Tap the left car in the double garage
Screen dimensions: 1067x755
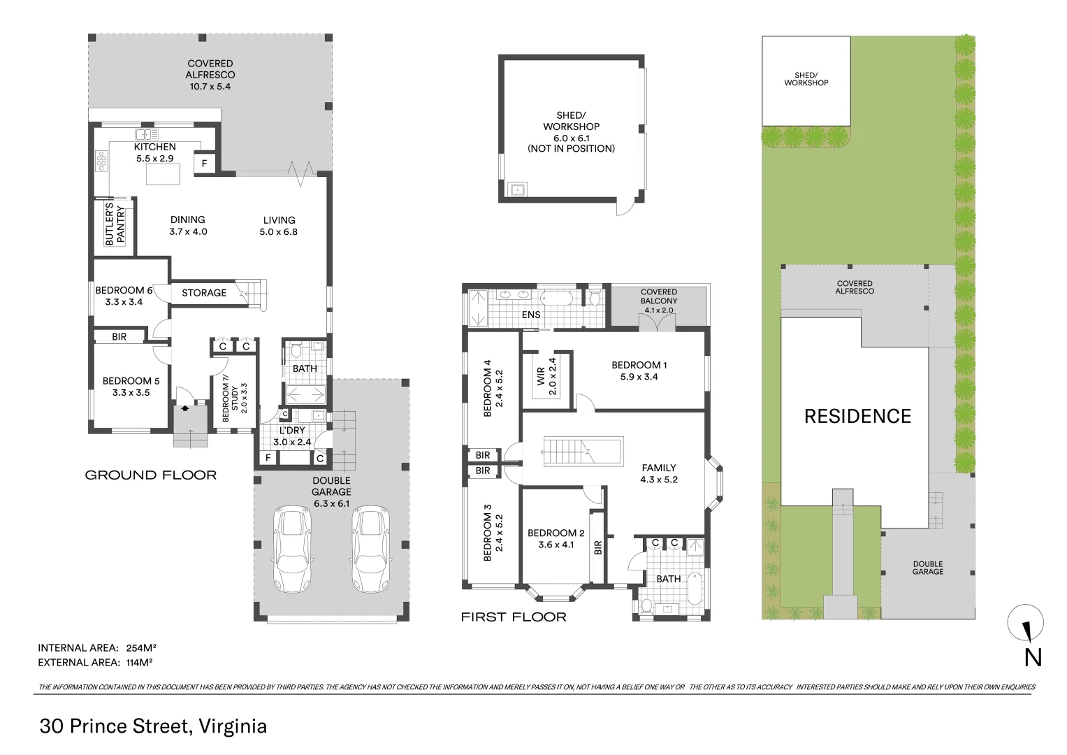292,549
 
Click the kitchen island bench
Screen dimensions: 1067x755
163,174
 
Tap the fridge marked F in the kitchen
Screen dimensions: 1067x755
204,164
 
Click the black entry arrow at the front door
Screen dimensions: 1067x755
184,408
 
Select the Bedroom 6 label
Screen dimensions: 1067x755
124,290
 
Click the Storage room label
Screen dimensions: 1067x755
204,293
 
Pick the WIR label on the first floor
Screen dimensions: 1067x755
541,377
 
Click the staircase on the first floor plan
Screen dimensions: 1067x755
582,450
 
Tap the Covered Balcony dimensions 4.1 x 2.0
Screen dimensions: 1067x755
659,310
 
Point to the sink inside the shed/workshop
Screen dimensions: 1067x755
517,189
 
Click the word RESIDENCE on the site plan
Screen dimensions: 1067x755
857,416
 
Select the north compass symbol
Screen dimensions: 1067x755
1026,623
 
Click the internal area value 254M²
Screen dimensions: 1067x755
141,648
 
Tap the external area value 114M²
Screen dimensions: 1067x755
139,662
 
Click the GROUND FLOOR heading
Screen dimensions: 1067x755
150,475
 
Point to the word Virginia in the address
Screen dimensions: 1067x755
233,726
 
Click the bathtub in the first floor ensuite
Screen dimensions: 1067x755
556,299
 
